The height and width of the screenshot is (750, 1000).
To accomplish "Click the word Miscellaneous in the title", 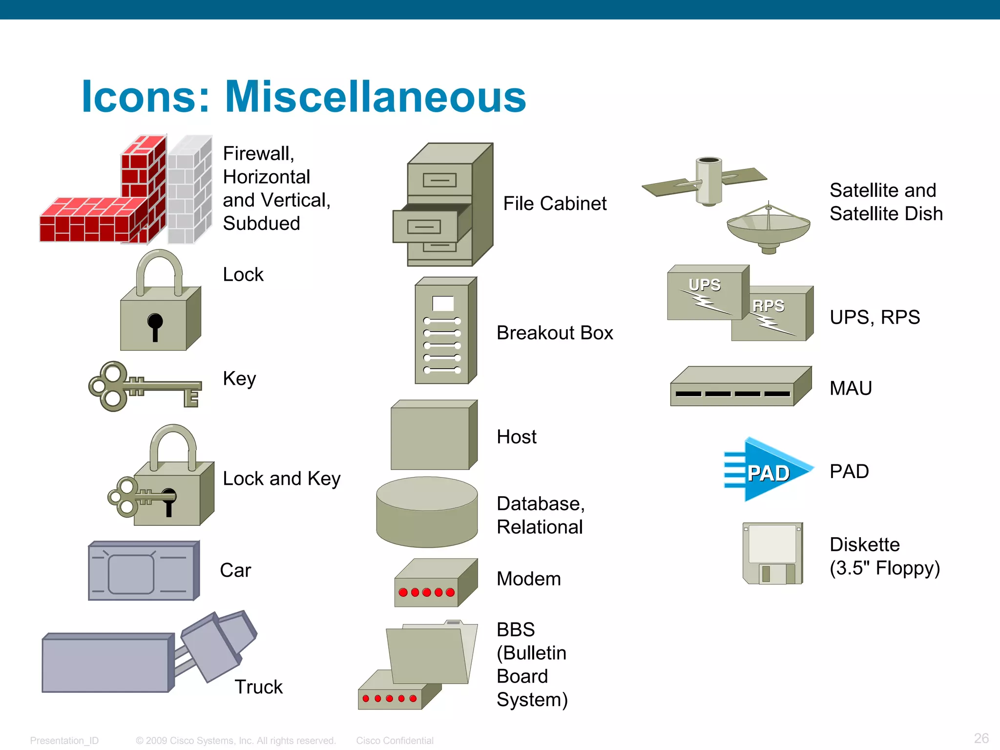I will [x=375, y=97].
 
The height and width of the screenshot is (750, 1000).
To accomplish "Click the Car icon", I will [x=143, y=570].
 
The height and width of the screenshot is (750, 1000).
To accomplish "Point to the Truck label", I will [x=258, y=687].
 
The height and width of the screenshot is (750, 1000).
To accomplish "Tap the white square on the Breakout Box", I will [x=443, y=303].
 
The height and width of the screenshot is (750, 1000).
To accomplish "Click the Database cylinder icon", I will [x=427, y=513].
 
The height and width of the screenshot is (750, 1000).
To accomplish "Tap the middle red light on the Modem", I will [x=426, y=592].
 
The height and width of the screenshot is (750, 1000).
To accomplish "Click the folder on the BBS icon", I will [x=427, y=654].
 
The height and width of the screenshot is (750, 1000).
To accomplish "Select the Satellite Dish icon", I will [x=768, y=229].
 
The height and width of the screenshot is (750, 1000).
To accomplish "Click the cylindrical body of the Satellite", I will [x=708, y=181].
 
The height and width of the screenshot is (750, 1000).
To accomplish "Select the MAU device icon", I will [x=740, y=387].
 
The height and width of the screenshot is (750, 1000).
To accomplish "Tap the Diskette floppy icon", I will [x=772, y=553].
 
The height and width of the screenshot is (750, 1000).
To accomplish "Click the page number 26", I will [x=981, y=738].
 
